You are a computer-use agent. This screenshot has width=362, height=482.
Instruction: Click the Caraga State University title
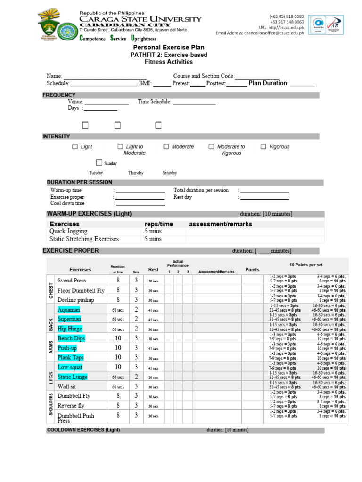point(140,19)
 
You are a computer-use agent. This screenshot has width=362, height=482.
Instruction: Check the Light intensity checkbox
point(75,146)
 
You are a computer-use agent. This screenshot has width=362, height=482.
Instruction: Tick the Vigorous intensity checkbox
point(263,146)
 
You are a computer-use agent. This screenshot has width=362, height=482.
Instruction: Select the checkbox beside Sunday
point(99,162)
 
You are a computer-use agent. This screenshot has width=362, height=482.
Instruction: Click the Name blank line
point(105,76)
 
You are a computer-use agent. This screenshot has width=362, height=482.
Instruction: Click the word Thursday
point(136,173)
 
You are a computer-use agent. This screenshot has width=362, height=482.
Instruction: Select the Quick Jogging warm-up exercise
point(68,232)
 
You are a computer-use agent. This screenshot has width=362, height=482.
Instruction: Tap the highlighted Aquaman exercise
point(69,310)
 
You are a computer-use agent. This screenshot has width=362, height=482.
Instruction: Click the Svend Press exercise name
point(72,281)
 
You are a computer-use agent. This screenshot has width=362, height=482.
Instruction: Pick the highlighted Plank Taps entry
point(71,357)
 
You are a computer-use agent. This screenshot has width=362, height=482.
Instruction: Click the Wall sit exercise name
point(67,386)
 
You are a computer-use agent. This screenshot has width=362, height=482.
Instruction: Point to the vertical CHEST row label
point(50,290)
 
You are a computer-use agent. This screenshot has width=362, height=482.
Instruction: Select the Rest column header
point(153,270)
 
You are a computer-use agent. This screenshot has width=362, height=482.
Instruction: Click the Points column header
point(252,270)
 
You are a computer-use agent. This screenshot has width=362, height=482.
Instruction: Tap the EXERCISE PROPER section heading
point(71,251)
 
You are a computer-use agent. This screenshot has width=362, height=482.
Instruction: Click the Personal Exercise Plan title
point(168,48)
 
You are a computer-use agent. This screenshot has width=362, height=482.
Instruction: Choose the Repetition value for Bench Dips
point(118,338)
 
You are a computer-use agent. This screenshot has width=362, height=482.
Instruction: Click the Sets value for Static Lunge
point(136,377)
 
